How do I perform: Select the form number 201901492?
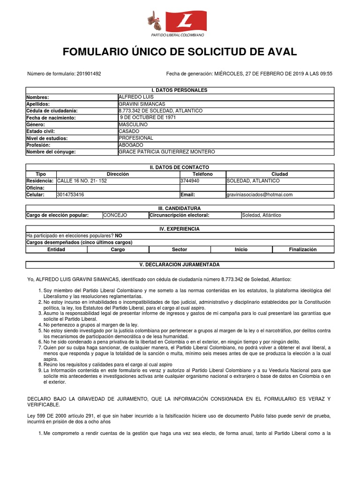(89, 74)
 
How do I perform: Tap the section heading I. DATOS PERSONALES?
(180, 90)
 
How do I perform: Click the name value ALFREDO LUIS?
(136, 97)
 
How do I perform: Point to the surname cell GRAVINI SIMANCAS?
(142, 104)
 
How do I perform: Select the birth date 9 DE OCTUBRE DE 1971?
(148, 118)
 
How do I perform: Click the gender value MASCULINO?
(133, 125)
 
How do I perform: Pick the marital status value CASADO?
(129, 132)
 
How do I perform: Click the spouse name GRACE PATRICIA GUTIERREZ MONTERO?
(167, 152)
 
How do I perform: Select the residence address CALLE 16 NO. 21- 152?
(82, 181)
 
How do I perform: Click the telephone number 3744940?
(190, 181)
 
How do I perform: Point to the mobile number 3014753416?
(70, 195)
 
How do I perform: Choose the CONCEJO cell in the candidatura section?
(115, 215)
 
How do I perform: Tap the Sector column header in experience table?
(180, 250)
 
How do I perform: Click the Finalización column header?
(303, 250)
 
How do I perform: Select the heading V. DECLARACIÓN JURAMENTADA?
(180, 265)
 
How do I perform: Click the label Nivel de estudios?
(47, 138)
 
